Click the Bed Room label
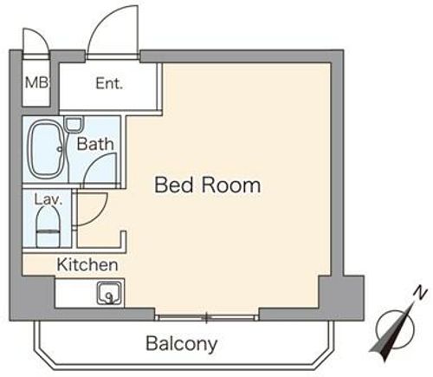pos(208,185)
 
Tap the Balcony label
pos(182,344)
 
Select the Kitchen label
pos(87,264)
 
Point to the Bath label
pos(95,144)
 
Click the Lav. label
pos(48,199)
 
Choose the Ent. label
pos(109,83)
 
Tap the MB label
pos(36,83)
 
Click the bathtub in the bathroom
pos(46,150)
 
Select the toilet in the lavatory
pos(48,227)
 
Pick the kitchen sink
pos(110,293)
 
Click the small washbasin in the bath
pos(74,124)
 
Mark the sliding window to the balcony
pos(206,318)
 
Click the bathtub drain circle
pos(60,149)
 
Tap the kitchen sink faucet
pos(110,298)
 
